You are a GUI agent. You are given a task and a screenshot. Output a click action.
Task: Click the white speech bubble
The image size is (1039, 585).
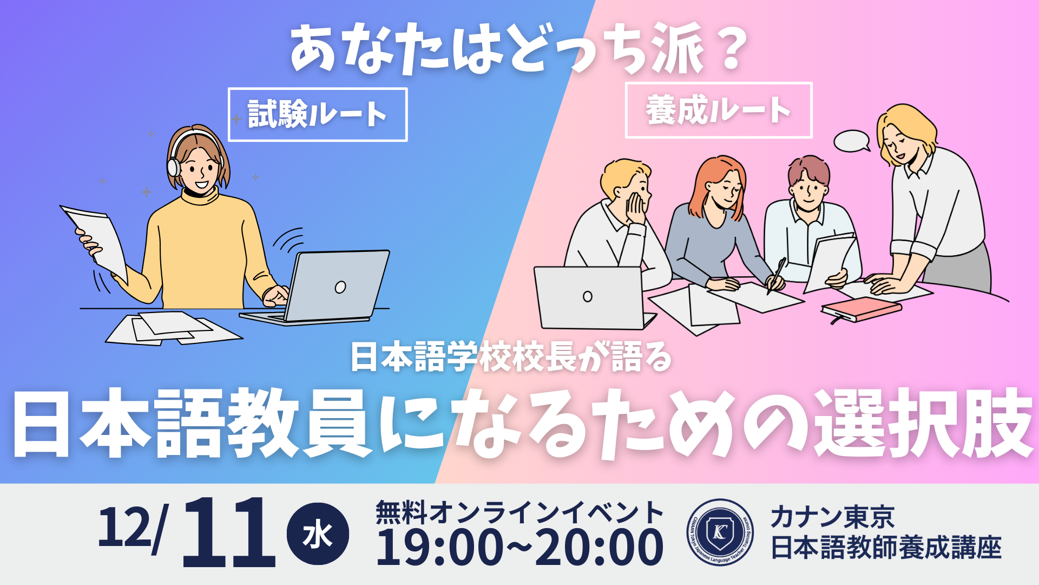851,141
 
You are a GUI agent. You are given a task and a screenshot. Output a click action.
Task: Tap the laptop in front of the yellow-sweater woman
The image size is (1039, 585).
325,287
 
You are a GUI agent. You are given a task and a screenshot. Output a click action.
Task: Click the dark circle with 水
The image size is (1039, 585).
318,534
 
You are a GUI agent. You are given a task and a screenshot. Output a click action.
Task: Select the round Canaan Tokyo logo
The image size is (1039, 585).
720,532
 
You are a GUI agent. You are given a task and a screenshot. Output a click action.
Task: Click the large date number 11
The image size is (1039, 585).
229,533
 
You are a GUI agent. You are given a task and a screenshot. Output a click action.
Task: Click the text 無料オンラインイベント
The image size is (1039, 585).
519,512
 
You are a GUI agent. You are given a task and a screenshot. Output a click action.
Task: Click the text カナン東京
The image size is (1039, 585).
832,517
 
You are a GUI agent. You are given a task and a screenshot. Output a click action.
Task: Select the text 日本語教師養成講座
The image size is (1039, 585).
886,547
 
